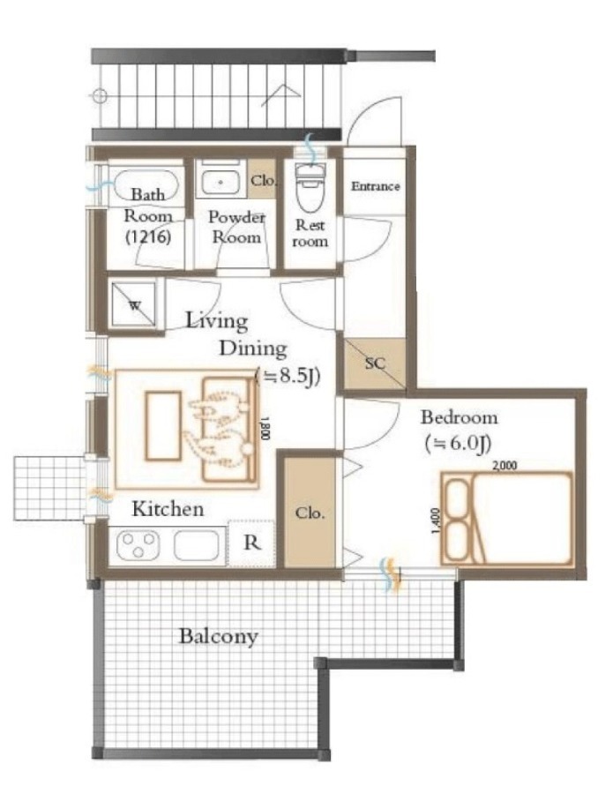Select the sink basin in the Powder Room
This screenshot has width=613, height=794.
221,183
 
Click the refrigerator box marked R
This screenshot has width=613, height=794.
251,543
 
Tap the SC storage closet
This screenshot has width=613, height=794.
375,363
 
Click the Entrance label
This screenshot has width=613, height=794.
376,186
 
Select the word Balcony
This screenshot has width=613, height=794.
219,636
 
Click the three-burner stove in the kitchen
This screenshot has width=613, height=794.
138,545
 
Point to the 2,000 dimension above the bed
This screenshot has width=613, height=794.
505,465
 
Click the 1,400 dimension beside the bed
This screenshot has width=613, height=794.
437,521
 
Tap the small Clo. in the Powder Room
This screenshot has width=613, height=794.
263,180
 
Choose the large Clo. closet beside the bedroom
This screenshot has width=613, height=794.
310,512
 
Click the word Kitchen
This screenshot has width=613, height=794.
168,508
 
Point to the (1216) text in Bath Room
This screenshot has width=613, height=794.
148,237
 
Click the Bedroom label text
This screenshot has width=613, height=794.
460,418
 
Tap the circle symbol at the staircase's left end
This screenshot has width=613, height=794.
100,95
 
